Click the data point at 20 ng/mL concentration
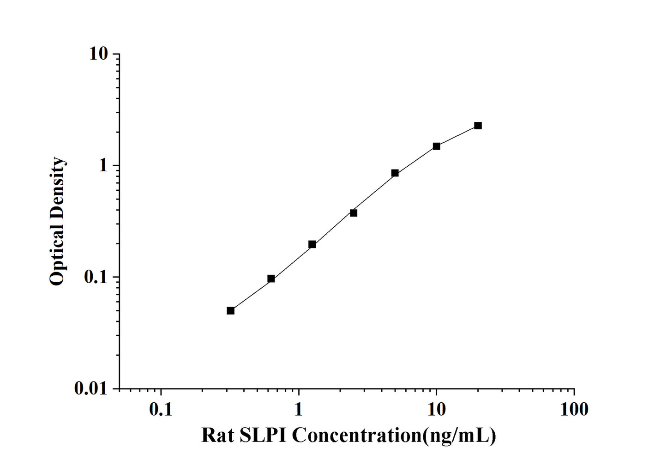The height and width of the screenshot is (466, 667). [478, 126]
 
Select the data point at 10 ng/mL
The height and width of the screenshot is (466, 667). [436, 146]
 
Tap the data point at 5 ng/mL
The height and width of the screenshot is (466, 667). [395, 173]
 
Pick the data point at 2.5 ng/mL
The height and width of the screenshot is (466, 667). [354, 213]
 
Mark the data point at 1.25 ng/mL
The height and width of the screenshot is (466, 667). [312, 244]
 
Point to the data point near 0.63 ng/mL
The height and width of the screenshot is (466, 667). [271, 278]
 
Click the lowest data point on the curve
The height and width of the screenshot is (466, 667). [230, 310]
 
